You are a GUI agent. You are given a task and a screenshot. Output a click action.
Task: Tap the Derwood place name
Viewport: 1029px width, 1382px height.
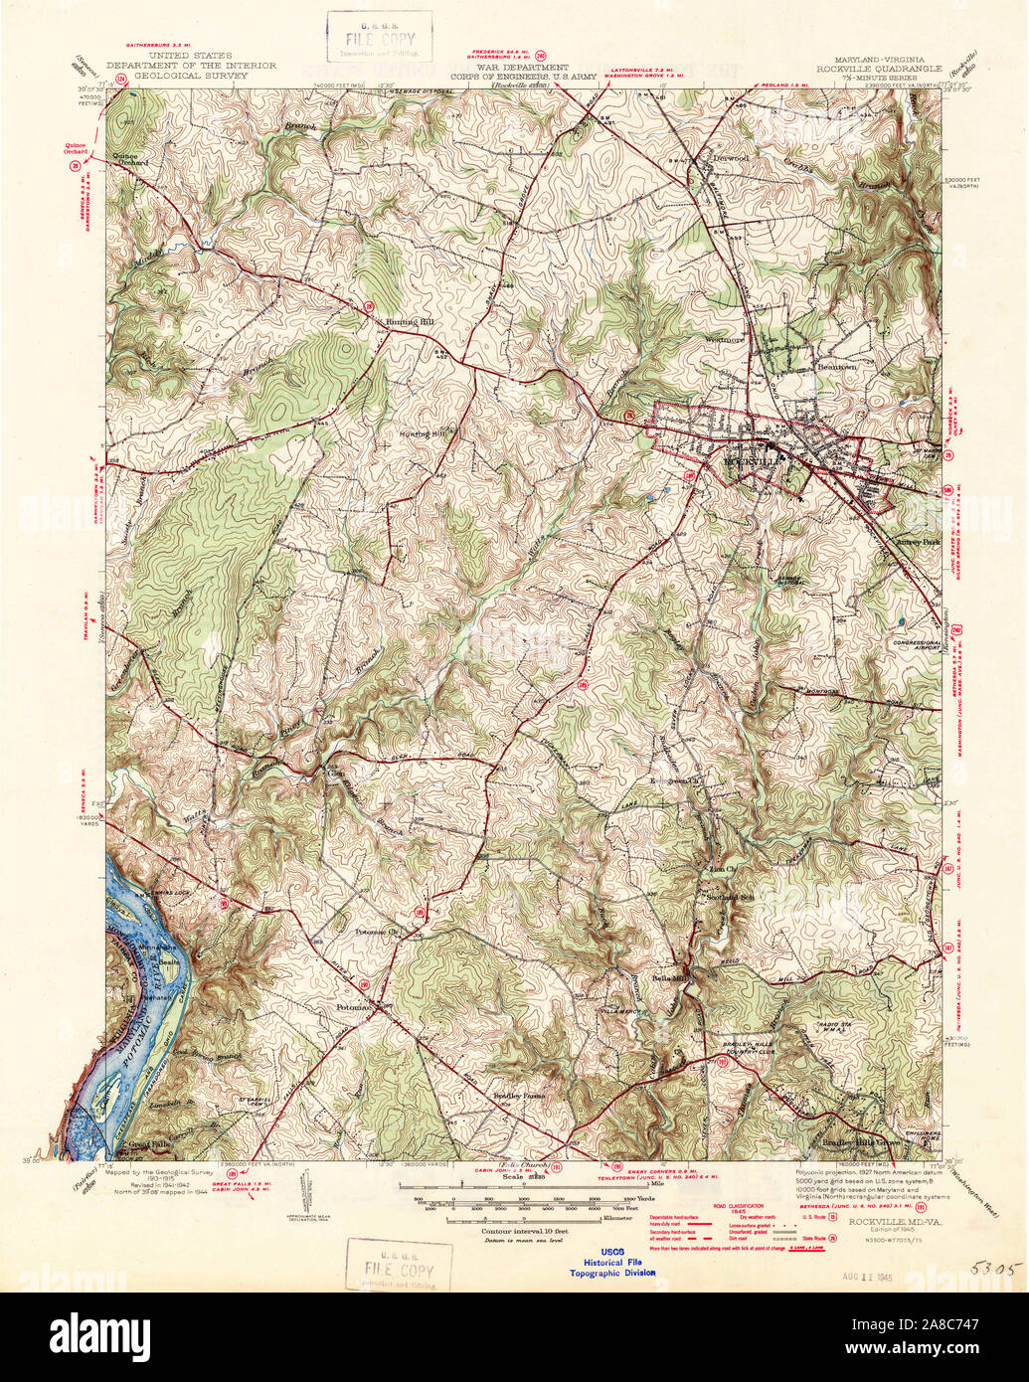(x=729, y=157)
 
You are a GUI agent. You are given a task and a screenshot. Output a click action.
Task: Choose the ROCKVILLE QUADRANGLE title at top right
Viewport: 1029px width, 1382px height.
(x=877, y=69)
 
